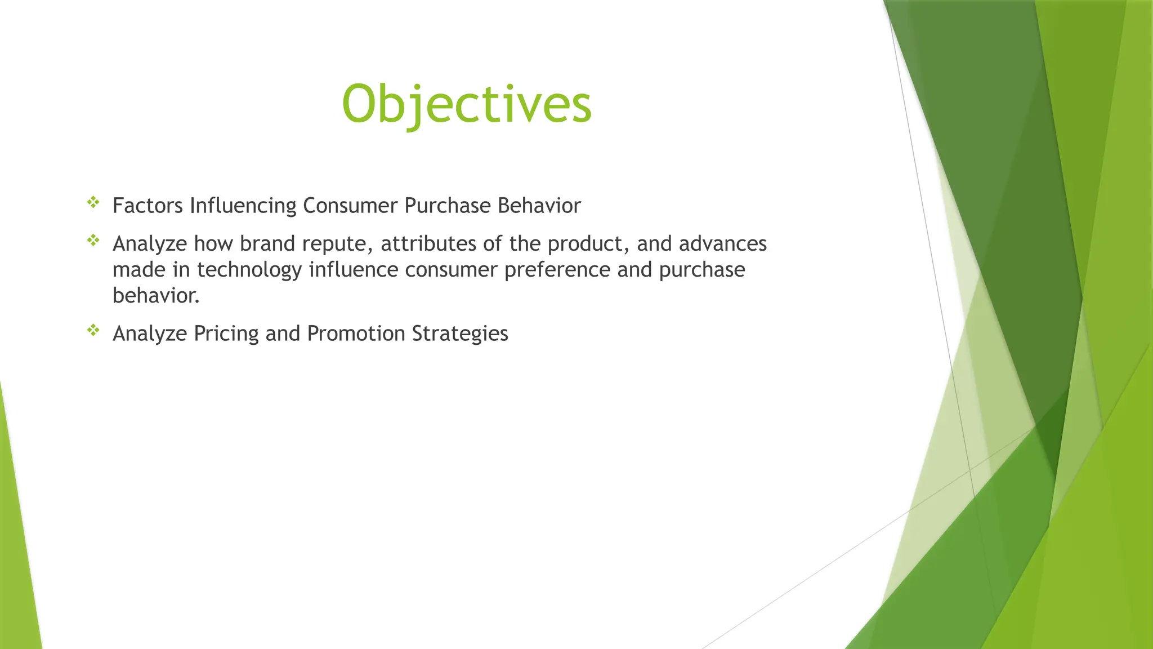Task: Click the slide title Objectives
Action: pyautogui.click(x=467, y=104)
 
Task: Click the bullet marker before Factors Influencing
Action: pyautogui.click(x=93, y=202)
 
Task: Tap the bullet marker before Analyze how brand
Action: pyautogui.click(x=93, y=241)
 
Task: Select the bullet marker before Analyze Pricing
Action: pyautogui.click(x=93, y=330)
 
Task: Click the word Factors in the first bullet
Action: pyautogui.click(x=148, y=206)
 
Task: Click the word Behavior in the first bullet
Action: pyautogui.click(x=539, y=206)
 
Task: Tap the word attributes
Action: pyautogui.click(x=428, y=244)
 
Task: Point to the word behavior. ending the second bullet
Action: pyautogui.click(x=156, y=296)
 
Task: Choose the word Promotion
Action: pyautogui.click(x=356, y=334)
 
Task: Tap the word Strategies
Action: pyautogui.click(x=460, y=334)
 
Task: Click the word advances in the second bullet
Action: pyautogui.click(x=723, y=244)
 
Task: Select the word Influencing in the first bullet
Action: pyautogui.click(x=243, y=206)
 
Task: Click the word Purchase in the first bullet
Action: pyautogui.click(x=448, y=206)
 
